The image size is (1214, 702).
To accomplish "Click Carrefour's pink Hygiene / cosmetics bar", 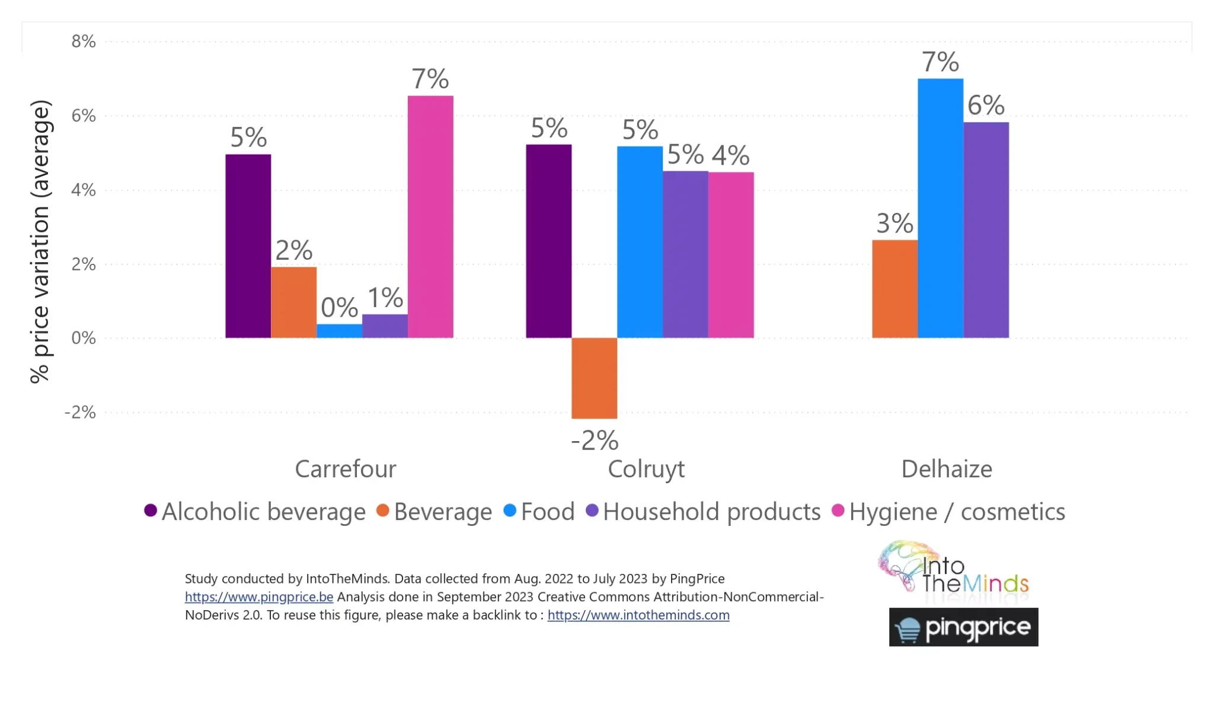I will click(x=430, y=217).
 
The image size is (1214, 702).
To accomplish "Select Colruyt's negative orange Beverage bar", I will click(x=594, y=378).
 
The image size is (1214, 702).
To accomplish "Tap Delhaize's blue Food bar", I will click(x=940, y=208).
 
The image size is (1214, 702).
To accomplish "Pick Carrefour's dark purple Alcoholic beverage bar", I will click(x=248, y=246).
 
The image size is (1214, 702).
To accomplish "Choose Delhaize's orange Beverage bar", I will click(x=894, y=289).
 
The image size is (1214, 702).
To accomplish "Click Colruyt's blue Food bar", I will click(x=640, y=242).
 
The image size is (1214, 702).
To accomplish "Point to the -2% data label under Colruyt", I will click(x=595, y=441).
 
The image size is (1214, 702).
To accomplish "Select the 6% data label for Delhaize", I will click(x=986, y=106).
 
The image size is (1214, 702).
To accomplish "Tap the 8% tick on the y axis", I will click(x=84, y=42).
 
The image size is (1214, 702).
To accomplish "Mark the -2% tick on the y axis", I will click(x=80, y=412).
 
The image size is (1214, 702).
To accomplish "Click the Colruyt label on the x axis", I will click(x=646, y=469).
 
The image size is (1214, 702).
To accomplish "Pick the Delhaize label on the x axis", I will click(x=946, y=469).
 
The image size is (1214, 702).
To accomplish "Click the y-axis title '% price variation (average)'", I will click(x=40, y=242).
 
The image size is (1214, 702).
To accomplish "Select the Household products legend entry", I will click(x=703, y=512).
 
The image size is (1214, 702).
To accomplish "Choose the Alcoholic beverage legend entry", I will click(x=255, y=512).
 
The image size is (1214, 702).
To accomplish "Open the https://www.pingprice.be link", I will click(x=258, y=597).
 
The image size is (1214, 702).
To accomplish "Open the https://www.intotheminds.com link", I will click(x=638, y=615).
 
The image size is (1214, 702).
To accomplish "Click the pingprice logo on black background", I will click(x=963, y=627).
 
